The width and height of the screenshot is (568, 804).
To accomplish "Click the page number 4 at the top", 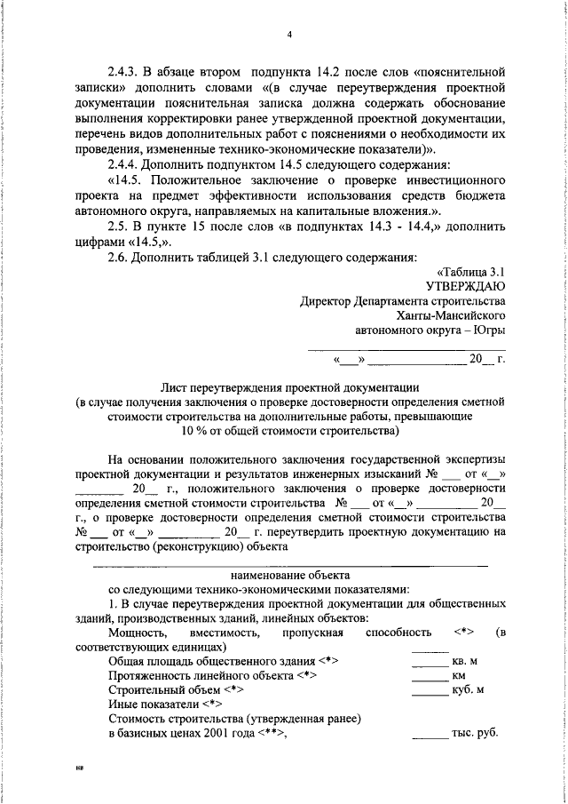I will tap(289, 35).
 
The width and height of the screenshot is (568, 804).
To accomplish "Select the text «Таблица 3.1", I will tap(471, 272).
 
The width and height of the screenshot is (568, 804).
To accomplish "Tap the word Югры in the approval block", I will tap(489, 331).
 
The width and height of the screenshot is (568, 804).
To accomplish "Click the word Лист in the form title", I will tap(174, 387).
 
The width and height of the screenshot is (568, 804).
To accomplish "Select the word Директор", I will tap(326, 301).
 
